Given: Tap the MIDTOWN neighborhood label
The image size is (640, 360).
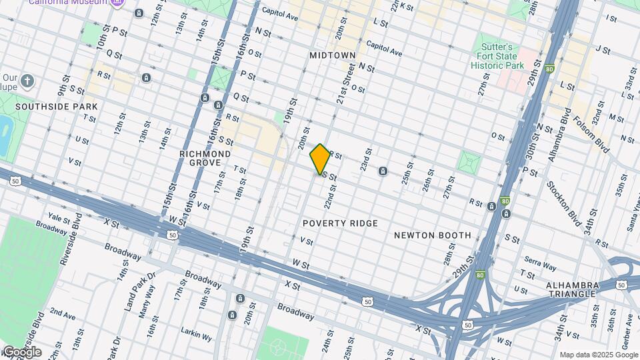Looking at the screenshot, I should [332, 55].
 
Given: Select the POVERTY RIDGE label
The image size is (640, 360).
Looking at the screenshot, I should [340, 223].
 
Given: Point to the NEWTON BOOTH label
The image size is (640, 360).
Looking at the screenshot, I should [432, 235].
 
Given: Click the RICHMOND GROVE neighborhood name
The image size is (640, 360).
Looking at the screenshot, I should [205, 158].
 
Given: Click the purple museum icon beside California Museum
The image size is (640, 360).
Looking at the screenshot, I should [117, 3].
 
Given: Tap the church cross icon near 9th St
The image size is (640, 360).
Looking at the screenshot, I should [27, 81].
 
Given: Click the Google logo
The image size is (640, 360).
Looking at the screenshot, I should [21, 351].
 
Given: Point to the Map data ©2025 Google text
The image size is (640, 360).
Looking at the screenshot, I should [597, 355].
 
